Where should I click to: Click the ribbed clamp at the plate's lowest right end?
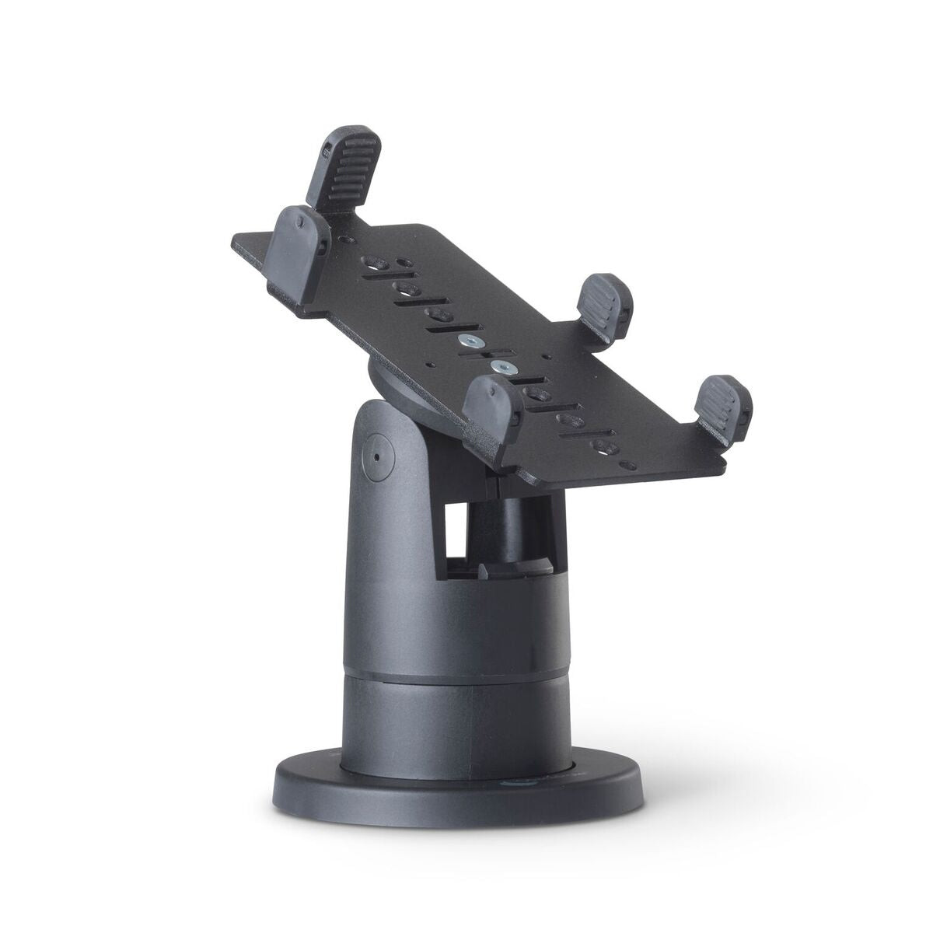point(722,407)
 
